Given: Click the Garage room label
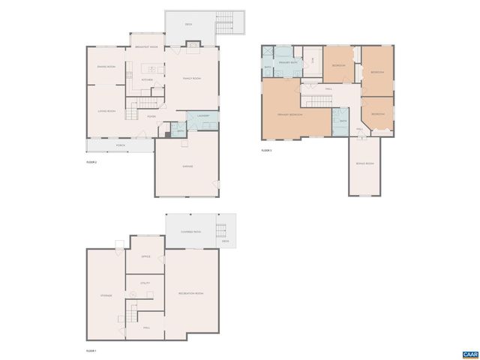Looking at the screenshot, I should coord(187,166).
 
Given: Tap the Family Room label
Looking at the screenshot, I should coord(192,78).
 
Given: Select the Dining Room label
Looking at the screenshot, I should coord(106,67).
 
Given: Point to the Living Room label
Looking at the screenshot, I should coord(106,111).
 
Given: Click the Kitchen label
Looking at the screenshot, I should coord(148,79).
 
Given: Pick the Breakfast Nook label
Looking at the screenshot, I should coord(146,47).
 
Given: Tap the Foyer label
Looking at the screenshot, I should coord(151,116).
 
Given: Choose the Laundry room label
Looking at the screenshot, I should coord(202,115).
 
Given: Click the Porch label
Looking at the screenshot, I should coord(121,145).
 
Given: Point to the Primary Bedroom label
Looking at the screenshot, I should coord(290,115).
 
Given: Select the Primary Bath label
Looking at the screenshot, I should coord(289,62).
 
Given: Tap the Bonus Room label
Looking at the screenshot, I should coord(365,163).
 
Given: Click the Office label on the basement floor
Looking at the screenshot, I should coord(146,256).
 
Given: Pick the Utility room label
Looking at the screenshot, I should coord(145,283).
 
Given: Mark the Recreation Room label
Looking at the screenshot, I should coord(190,293).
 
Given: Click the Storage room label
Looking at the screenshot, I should coord(106,295).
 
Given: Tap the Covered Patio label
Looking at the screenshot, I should coord(190,232).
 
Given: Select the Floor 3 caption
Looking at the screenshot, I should coord(266,151).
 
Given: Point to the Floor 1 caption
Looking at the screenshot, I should coord(91,350).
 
